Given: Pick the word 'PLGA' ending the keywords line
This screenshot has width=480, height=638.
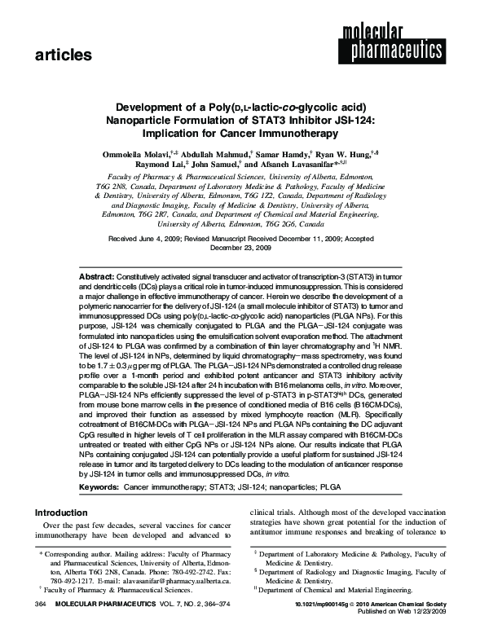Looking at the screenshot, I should tap(330, 486).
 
